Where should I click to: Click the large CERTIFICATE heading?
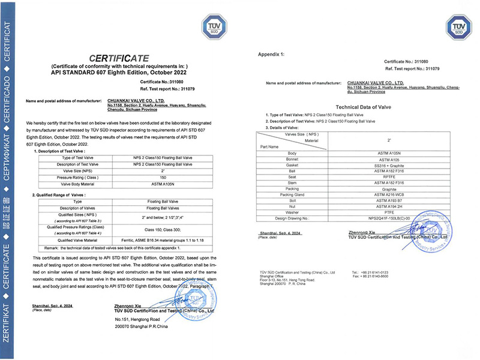click(x=120, y=58)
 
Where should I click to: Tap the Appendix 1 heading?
click(x=271, y=54)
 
